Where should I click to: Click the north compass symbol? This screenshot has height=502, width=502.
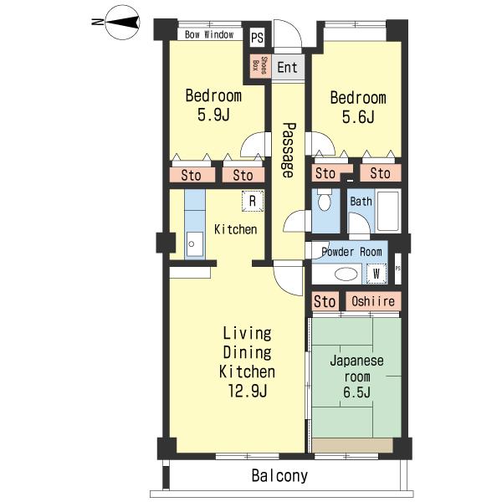119,23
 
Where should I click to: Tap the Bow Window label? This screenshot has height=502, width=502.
209,34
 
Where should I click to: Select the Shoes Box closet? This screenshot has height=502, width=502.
260,65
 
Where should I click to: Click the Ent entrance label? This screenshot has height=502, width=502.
287,68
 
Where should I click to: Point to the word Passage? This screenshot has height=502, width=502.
289,150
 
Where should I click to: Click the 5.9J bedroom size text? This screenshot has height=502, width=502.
213,115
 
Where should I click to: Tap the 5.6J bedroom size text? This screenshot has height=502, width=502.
358,117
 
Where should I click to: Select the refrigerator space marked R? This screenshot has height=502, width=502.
253,201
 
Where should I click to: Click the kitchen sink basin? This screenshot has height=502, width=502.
195,244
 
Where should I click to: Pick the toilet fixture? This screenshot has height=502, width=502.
325,199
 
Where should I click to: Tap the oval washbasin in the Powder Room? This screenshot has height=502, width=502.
346,274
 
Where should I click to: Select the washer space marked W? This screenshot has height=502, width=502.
376,274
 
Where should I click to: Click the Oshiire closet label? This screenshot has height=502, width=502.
373,301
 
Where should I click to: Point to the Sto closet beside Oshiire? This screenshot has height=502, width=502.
325,301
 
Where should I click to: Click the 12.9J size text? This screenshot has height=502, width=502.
248,391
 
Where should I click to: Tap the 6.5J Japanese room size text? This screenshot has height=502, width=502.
357,392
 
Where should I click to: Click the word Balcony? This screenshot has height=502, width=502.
279,476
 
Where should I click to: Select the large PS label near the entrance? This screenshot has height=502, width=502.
257,38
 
